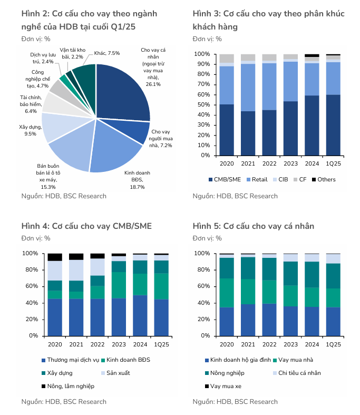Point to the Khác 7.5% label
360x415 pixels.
(107, 53)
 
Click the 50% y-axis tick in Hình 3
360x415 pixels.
(202, 105)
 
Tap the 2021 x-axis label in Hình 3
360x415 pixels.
(248, 164)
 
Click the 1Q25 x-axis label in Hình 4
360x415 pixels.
(161, 344)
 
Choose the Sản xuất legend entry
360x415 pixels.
(119, 373)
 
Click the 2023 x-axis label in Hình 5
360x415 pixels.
(290, 344)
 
